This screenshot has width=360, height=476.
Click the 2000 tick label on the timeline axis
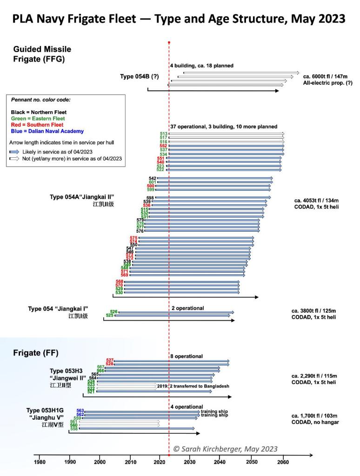tap(100, 462)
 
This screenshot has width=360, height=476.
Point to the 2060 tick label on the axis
tap(283, 462)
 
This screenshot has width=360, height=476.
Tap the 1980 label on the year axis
tap(40, 462)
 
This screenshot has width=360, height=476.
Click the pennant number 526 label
tap(113, 311)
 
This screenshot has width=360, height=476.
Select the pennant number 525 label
tap(110, 315)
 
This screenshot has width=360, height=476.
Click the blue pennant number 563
tap(80, 410)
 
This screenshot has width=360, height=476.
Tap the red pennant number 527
tap(110, 360)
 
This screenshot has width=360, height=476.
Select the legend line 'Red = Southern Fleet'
tap(37, 125)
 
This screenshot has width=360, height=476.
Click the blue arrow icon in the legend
tap(15, 152)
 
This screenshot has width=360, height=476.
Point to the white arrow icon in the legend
tap(15, 159)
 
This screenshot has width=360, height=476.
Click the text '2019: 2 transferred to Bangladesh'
tap(193, 386)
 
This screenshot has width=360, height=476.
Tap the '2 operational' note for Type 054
tap(187, 308)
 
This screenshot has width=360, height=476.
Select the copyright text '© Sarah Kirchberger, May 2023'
tap(225, 449)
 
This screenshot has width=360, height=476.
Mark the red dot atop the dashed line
tap(169, 42)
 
